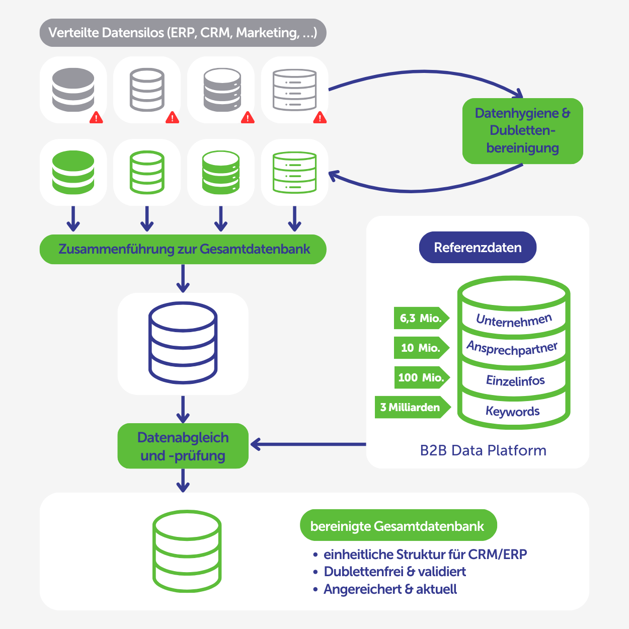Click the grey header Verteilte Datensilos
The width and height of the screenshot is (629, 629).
click(183, 33)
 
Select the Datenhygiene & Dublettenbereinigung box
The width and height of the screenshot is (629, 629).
click(522, 131)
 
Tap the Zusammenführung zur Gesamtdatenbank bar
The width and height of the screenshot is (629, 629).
click(183, 249)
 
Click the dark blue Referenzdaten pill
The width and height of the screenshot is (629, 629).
click(478, 247)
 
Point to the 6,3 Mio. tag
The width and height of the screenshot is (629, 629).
click(421, 318)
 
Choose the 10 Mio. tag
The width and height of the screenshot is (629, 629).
click(421, 348)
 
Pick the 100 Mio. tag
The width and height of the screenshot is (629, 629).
click(421, 377)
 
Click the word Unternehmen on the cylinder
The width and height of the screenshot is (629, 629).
click(514, 320)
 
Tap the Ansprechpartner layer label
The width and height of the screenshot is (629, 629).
click(512, 348)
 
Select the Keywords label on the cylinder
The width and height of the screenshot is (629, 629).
click(512, 412)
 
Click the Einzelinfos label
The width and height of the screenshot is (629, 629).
click(515, 380)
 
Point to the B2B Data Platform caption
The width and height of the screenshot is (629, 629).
click(483, 450)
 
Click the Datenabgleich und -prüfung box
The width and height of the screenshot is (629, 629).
click(183, 446)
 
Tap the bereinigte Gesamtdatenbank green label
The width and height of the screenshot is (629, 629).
click(398, 526)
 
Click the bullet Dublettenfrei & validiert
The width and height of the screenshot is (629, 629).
click(395, 572)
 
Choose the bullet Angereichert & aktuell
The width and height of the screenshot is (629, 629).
click(390, 589)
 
